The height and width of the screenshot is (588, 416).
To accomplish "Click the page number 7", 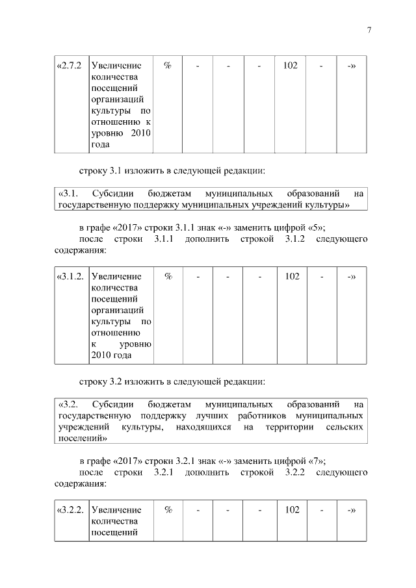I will click(369, 29).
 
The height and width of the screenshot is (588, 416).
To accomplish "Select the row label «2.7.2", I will click(69, 66).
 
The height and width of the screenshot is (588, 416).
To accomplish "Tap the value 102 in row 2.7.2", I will click(291, 66).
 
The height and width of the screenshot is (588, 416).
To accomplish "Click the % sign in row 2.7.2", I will click(168, 66).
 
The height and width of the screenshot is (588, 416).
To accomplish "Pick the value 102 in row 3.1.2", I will click(292, 276).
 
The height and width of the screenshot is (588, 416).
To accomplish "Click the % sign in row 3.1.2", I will click(168, 276).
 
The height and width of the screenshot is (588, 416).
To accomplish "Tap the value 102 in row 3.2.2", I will click(292, 510).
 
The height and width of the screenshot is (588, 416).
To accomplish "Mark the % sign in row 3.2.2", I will click(168, 510).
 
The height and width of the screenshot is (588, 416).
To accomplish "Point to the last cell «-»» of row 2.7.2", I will click(351, 66).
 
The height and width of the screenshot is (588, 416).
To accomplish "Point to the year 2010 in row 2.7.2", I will click(140, 133).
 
